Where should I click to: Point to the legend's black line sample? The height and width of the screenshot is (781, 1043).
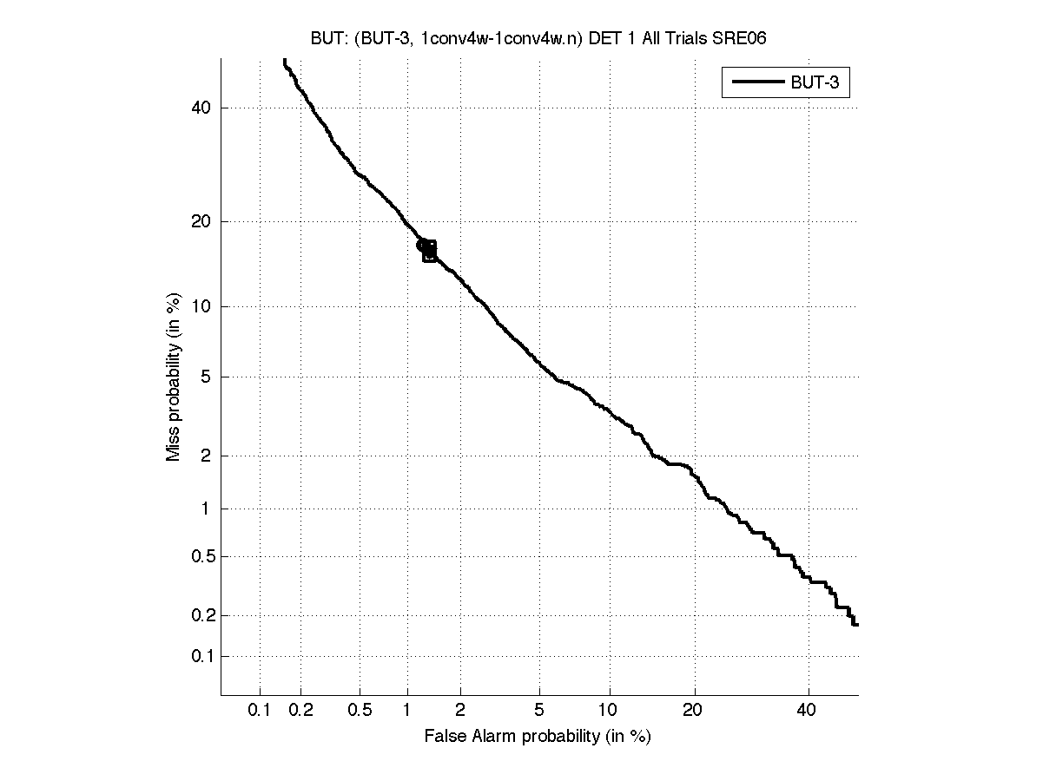[x=757, y=82]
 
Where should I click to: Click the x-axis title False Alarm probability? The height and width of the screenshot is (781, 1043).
[x=538, y=736]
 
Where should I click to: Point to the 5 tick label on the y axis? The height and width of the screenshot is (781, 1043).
[x=206, y=377]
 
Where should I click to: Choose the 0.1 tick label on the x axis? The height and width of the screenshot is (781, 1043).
[x=260, y=711]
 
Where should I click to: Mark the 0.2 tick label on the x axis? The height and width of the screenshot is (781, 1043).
[x=301, y=711]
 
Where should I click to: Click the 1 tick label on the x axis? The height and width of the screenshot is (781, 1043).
[x=407, y=711]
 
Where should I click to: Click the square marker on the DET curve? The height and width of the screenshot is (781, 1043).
[x=429, y=251]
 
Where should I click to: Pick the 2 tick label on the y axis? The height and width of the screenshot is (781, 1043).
[x=206, y=456]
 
